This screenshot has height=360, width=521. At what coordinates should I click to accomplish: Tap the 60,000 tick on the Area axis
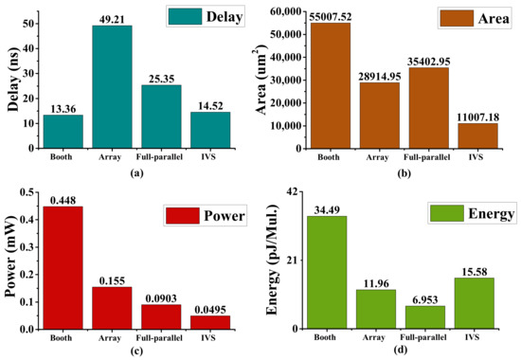coord(275,11)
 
